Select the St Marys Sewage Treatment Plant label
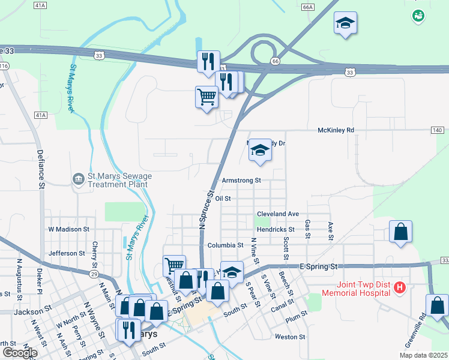[119, 180]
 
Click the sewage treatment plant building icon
[78, 179]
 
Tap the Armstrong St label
[241, 180]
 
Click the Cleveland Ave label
[278, 214]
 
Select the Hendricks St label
[276, 229]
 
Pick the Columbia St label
[225, 245]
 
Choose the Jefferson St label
[68, 253]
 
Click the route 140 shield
[437, 130]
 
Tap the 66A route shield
[308, 7]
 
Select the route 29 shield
[94, 274]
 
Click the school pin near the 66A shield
[345, 23]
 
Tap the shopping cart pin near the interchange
[206, 96]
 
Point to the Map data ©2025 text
[424, 355]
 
